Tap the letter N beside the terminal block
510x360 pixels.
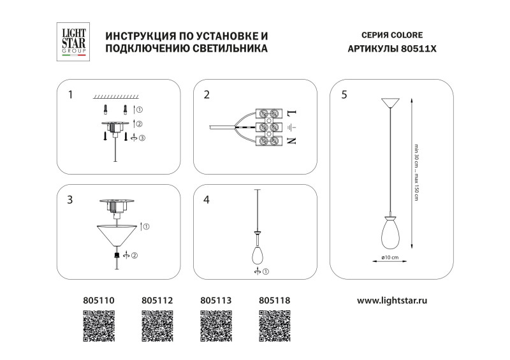click(292, 141)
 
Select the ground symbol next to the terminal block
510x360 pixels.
click(292, 127)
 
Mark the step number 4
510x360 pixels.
click(205, 199)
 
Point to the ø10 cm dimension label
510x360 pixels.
click(390, 257)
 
